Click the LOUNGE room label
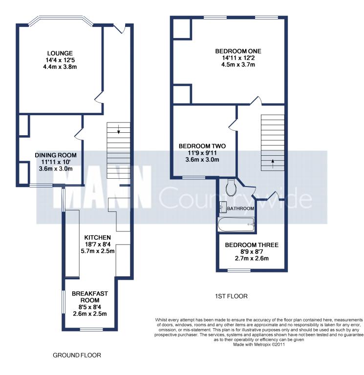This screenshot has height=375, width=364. [x=60, y=53]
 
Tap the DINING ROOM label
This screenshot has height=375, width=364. [x=56, y=155]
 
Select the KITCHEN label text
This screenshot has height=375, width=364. [x=97, y=237]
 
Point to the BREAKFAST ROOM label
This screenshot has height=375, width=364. [x=90, y=297]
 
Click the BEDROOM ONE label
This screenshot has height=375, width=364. [x=238, y=51]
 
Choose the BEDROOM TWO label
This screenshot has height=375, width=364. [x=202, y=146]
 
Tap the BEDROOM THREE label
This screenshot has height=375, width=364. [x=252, y=245]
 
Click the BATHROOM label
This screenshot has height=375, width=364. [x=240, y=208]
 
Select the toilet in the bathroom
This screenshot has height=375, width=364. [x=231, y=187]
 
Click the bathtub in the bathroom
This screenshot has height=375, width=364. [x=236, y=225]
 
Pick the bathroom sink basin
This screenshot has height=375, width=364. [x=223, y=207]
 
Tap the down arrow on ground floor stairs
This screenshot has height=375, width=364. [x=118, y=129]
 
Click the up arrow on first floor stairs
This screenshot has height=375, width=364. [x=273, y=164]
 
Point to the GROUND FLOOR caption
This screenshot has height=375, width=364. [x=77, y=355]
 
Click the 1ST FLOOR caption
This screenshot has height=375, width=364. [x=231, y=296]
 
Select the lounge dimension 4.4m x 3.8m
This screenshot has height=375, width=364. [x=60, y=67]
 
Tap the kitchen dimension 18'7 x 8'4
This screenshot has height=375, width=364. [x=97, y=245]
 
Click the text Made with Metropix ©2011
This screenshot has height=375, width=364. [x=259, y=345]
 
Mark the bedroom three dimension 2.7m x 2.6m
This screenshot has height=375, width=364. [x=252, y=258]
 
